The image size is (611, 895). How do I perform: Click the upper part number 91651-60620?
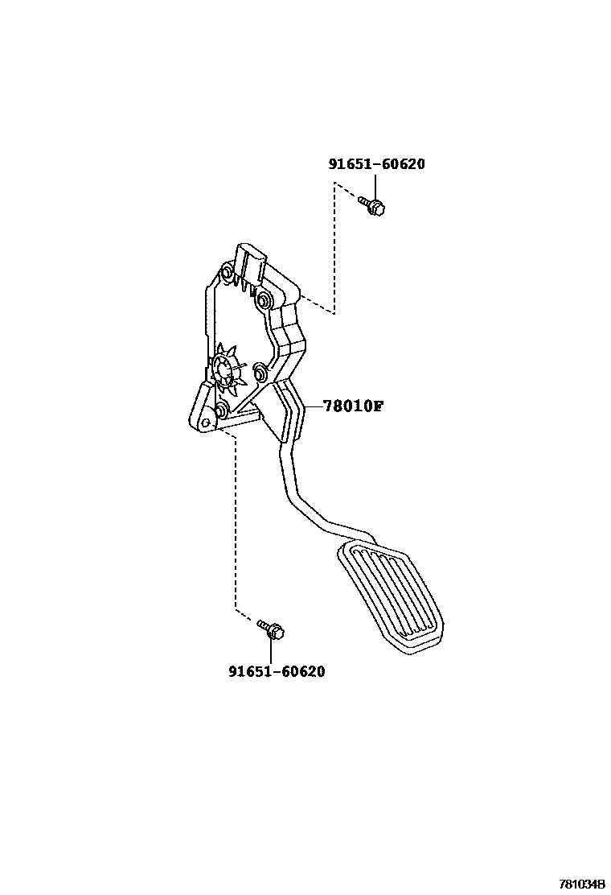[x=376, y=164]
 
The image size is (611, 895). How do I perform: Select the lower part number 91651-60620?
[x=277, y=671]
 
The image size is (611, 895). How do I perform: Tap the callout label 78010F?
[x=352, y=406]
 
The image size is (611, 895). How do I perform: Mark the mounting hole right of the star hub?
[x=260, y=372]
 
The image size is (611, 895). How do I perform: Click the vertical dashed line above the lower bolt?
[x=235, y=523]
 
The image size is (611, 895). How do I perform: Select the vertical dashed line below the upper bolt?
[x=334, y=250]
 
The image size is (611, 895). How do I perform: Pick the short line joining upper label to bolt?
[x=375, y=186]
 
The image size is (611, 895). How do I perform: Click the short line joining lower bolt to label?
[x=276, y=650]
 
